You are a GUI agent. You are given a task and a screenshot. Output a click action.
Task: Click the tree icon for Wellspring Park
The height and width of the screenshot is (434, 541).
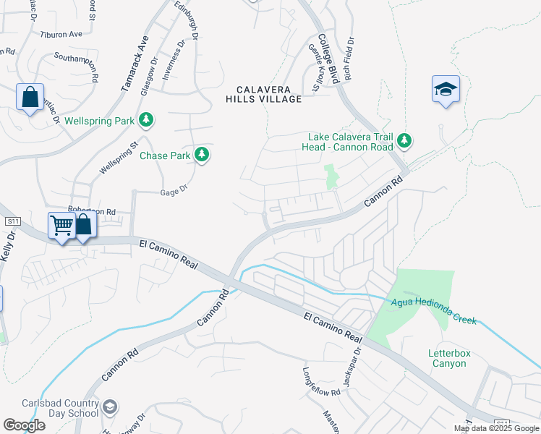coord(147,120)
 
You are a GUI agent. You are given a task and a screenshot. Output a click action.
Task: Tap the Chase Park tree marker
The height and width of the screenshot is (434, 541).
coord(203,155)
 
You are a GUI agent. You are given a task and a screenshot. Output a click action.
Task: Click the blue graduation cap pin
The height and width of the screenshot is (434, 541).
coord(446,90)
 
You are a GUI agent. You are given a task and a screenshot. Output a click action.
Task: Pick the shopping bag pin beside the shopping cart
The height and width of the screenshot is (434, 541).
coord(84,226)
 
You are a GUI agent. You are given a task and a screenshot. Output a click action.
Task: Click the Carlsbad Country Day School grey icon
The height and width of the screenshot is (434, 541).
coord(109,408)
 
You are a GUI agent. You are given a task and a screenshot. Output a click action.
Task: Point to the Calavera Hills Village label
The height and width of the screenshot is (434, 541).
coord(263,94)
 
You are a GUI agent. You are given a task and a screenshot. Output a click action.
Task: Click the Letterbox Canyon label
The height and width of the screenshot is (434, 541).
coord(448,358)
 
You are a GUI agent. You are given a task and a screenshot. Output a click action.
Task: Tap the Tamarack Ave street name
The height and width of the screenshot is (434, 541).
coord(135,63)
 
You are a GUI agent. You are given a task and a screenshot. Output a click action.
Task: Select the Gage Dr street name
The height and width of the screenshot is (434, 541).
coord(174,187)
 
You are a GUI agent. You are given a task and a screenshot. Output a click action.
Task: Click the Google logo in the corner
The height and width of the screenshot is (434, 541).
coord(24,425)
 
